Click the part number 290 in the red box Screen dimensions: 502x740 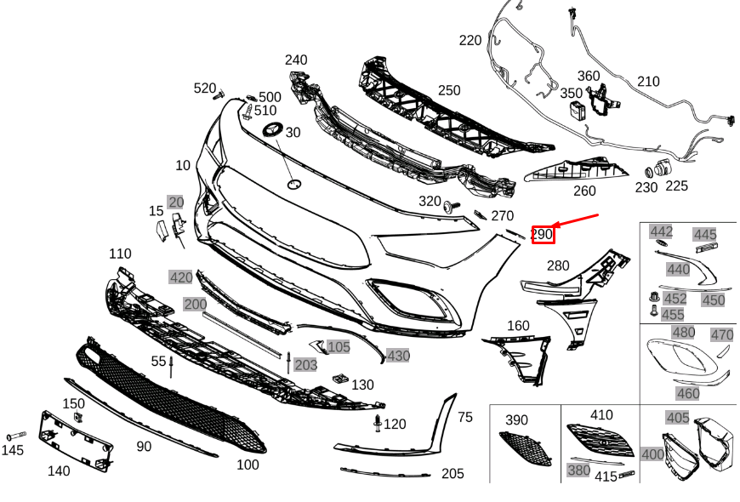tap(543, 233)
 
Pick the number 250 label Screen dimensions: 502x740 tap(449, 91)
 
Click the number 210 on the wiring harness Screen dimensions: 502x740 tap(648, 82)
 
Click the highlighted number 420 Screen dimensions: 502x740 tap(180, 277)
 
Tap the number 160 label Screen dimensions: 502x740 tap(518, 326)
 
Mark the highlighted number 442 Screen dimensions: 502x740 tap(661, 231)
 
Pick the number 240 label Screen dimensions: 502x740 tap(296, 60)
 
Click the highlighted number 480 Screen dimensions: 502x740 tap(683, 333)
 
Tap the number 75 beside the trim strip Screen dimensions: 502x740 tap(464, 417)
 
